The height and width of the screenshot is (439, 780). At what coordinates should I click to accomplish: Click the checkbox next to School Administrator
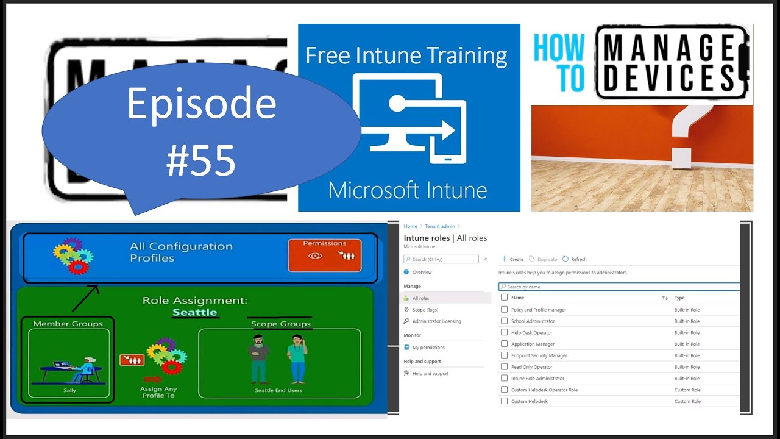click(x=504, y=321)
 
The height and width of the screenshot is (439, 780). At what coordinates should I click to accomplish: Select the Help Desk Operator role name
click(x=531, y=332)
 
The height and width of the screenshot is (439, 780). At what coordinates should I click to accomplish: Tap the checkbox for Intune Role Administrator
click(x=504, y=378)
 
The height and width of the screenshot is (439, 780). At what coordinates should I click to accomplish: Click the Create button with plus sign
click(x=512, y=259)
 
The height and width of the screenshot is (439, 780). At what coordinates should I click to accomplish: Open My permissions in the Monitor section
click(x=428, y=347)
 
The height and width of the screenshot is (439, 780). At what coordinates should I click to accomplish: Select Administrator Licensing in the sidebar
click(x=436, y=321)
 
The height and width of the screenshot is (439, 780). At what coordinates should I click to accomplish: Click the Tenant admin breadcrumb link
click(x=440, y=226)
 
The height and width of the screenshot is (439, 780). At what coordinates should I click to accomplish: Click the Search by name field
click(x=619, y=287)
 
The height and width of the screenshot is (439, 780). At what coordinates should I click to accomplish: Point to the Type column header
click(x=679, y=298)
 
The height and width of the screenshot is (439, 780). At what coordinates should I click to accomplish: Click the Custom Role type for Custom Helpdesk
click(x=687, y=401)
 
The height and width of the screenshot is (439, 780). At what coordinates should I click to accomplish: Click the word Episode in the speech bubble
click(x=201, y=104)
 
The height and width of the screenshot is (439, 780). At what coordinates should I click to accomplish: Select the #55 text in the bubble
click(x=201, y=160)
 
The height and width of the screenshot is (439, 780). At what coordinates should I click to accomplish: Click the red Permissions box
click(x=324, y=255)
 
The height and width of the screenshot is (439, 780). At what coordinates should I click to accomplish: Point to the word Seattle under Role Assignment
click(x=194, y=312)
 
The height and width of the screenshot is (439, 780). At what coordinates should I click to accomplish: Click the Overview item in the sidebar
click(x=422, y=272)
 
